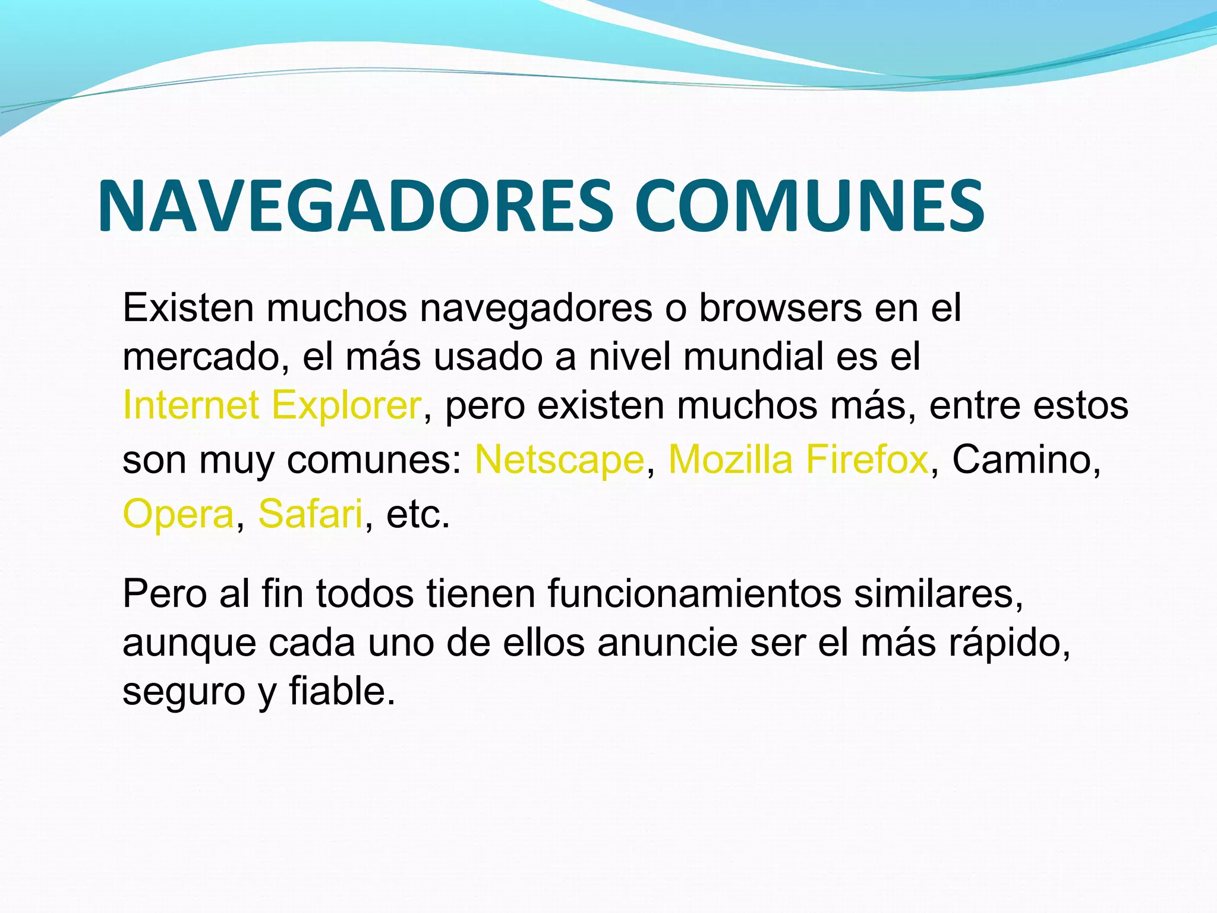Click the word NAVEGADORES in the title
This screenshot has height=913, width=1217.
[x=355, y=206]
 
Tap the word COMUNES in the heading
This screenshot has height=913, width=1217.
[x=809, y=206]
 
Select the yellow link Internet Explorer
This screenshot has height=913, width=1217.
[x=272, y=405]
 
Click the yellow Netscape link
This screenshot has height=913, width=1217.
[x=559, y=459]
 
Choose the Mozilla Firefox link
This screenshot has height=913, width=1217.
[x=798, y=459]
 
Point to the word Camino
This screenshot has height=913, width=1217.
[x=1021, y=459]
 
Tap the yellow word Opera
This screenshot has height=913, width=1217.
[x=178, y=514]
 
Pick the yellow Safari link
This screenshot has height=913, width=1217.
[x=310, y=514]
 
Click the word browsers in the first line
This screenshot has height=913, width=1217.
[x=780, y=308]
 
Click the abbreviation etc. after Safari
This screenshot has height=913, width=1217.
[x=417, y=514]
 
